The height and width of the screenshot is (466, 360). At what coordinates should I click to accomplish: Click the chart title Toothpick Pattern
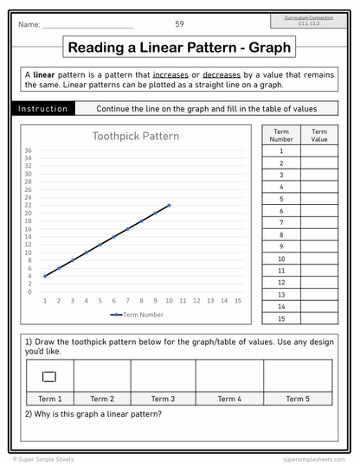click(136, 136)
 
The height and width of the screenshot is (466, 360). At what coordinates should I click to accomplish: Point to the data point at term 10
click(169, 205)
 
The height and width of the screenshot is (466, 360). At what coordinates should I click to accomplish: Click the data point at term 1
click(45, 276)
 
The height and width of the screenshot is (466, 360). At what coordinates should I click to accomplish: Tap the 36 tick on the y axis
click(29, 150)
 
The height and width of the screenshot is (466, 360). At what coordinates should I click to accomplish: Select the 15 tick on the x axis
click(238, 301)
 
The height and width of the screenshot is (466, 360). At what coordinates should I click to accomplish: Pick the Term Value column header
click(319, 134)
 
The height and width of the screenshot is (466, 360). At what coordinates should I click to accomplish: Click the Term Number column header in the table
click(281, 134)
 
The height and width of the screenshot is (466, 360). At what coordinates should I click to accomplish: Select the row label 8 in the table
click(281, 234)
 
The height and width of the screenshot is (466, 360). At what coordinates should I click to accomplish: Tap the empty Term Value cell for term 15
click(319, 319)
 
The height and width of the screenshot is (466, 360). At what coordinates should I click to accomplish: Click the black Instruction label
click(43, 109)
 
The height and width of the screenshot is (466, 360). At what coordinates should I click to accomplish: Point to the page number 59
click(179, 24)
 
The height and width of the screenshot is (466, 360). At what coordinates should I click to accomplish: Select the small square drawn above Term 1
click(49, 375)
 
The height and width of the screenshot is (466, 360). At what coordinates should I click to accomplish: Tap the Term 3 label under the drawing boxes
click(163, 399)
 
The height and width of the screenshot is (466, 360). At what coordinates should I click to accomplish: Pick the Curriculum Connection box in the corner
click(309, 21)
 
